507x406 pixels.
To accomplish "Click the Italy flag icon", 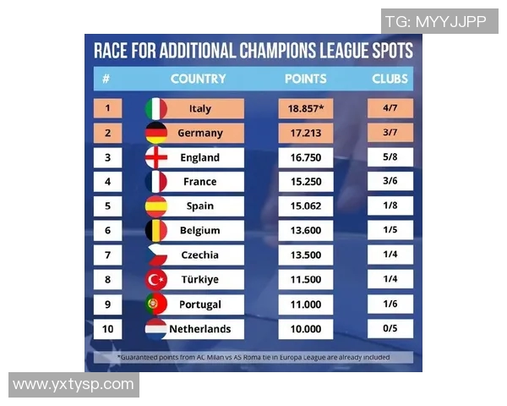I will click(156, 108).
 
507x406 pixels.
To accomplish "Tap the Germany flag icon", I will click(156, 133).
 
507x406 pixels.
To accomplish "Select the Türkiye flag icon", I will click(156, 280).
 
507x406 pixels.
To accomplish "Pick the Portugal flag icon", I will click(156, 304).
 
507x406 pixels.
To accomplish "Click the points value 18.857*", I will click(306, 108).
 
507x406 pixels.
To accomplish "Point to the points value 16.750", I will click(306, 157).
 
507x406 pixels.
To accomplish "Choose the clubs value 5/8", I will click(390, 157).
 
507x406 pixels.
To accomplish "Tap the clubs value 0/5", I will click(390, 329).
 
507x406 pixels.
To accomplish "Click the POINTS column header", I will click(306, 79).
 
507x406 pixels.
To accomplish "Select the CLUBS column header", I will click(390, 79).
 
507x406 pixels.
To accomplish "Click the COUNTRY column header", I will click(198, 79).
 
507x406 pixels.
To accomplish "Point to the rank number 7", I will click(107, 255).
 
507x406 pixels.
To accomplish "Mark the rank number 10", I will click(107, 329).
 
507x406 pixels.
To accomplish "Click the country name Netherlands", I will click(200, 329).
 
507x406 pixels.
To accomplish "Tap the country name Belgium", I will click(200, 231).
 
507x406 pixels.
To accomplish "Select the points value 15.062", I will click(306, 206).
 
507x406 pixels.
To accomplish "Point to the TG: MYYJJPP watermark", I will click(435, 21).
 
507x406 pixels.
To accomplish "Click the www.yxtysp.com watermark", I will click(74, 385).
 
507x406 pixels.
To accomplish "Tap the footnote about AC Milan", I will click(253, 358).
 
